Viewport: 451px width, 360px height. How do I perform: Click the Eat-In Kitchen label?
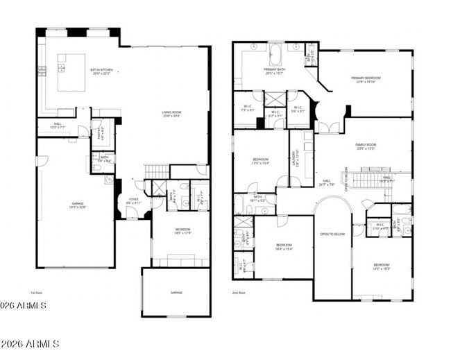coord(101,70)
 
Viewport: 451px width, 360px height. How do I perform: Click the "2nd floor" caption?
coord(239,293)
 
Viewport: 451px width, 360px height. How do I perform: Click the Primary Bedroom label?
coord(366,78)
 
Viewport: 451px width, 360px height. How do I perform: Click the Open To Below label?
coord(332,234)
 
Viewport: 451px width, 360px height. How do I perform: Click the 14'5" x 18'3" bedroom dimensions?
coord(382,268)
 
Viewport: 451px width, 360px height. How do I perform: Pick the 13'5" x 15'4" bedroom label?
coord(260,162)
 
